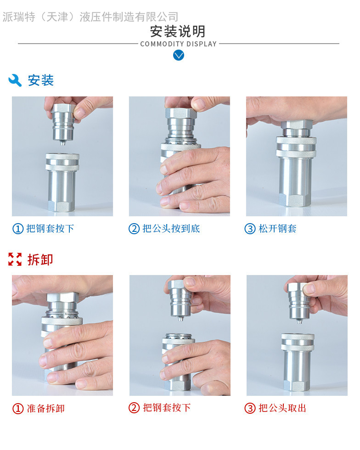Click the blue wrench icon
15,80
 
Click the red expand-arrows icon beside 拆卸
15,259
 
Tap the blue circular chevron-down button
179,55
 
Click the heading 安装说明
178,31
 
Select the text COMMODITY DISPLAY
178,44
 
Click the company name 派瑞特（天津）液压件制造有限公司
90,17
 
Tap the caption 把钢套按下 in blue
50,229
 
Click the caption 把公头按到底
171,229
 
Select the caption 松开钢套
277,229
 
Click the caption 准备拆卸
45,408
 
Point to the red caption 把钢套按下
167,408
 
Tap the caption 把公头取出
282,408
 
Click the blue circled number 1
18,229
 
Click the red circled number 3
250,408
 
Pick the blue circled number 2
134,229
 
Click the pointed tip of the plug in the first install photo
62,144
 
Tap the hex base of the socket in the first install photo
61,206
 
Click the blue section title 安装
41,80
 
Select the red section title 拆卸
40,259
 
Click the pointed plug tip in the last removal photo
299,322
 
